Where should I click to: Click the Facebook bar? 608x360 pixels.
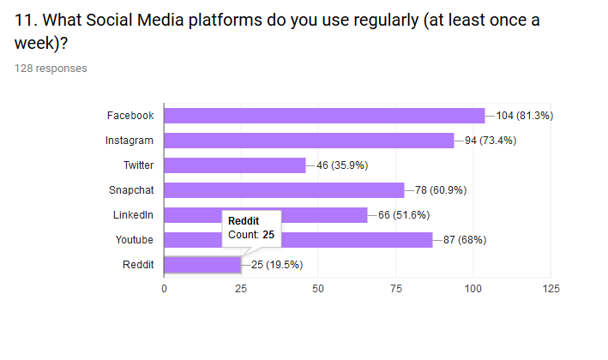pyautogui.click(x=324, y=116)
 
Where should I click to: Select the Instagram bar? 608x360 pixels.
pyautogui.click(x=309, y=141)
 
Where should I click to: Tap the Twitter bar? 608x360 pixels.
pyautogui.click(x=234, y=165)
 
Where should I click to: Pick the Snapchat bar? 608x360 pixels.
pyautogui.click(x=284, y=190)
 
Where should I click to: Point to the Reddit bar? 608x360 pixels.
pyautogui.click(x=202, y=265)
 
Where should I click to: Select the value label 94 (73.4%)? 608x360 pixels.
pyautogui.click(x=491, y=141)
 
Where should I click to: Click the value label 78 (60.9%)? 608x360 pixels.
pyautogui.click(x=442, y=190)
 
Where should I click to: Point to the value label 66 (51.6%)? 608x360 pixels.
pyautogui.click(x=405, y=215)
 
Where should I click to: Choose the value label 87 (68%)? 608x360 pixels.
pyautogui.click(x=465, y=240)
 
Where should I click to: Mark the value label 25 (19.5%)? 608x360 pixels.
pyautogui.click(x=277, y=265)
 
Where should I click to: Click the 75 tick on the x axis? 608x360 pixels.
pyautogui.click(x=395, y=289)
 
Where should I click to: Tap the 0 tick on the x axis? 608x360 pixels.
pyautogui.click(x=164, y=289)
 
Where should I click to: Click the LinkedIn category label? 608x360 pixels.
pyautogui.click(x=133, y=215)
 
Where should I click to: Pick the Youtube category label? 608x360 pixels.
pyautogui.click(x=135, y=240)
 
